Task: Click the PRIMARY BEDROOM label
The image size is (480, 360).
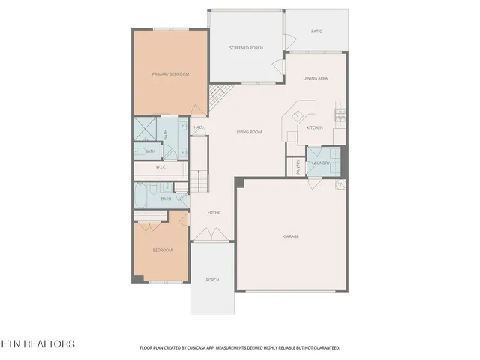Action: coord(170,74)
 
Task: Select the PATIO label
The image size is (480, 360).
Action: coord(317,31)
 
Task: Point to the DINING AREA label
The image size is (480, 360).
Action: coord(314,78)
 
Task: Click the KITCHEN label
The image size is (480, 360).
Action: coord(315,127)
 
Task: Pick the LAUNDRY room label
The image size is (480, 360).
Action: coord(322,162)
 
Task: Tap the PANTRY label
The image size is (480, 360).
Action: coord(298,166)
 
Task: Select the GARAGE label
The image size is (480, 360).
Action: coord(291,236)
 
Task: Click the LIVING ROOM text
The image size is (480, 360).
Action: coord(249,132)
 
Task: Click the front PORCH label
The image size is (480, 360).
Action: coord(212,280)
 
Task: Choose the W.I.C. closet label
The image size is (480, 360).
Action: coord(160,167)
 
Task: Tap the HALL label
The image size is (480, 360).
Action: coord(199,127)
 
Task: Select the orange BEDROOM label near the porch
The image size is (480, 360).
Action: coord(163,250)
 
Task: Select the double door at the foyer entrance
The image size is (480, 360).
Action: coord(213,235)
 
